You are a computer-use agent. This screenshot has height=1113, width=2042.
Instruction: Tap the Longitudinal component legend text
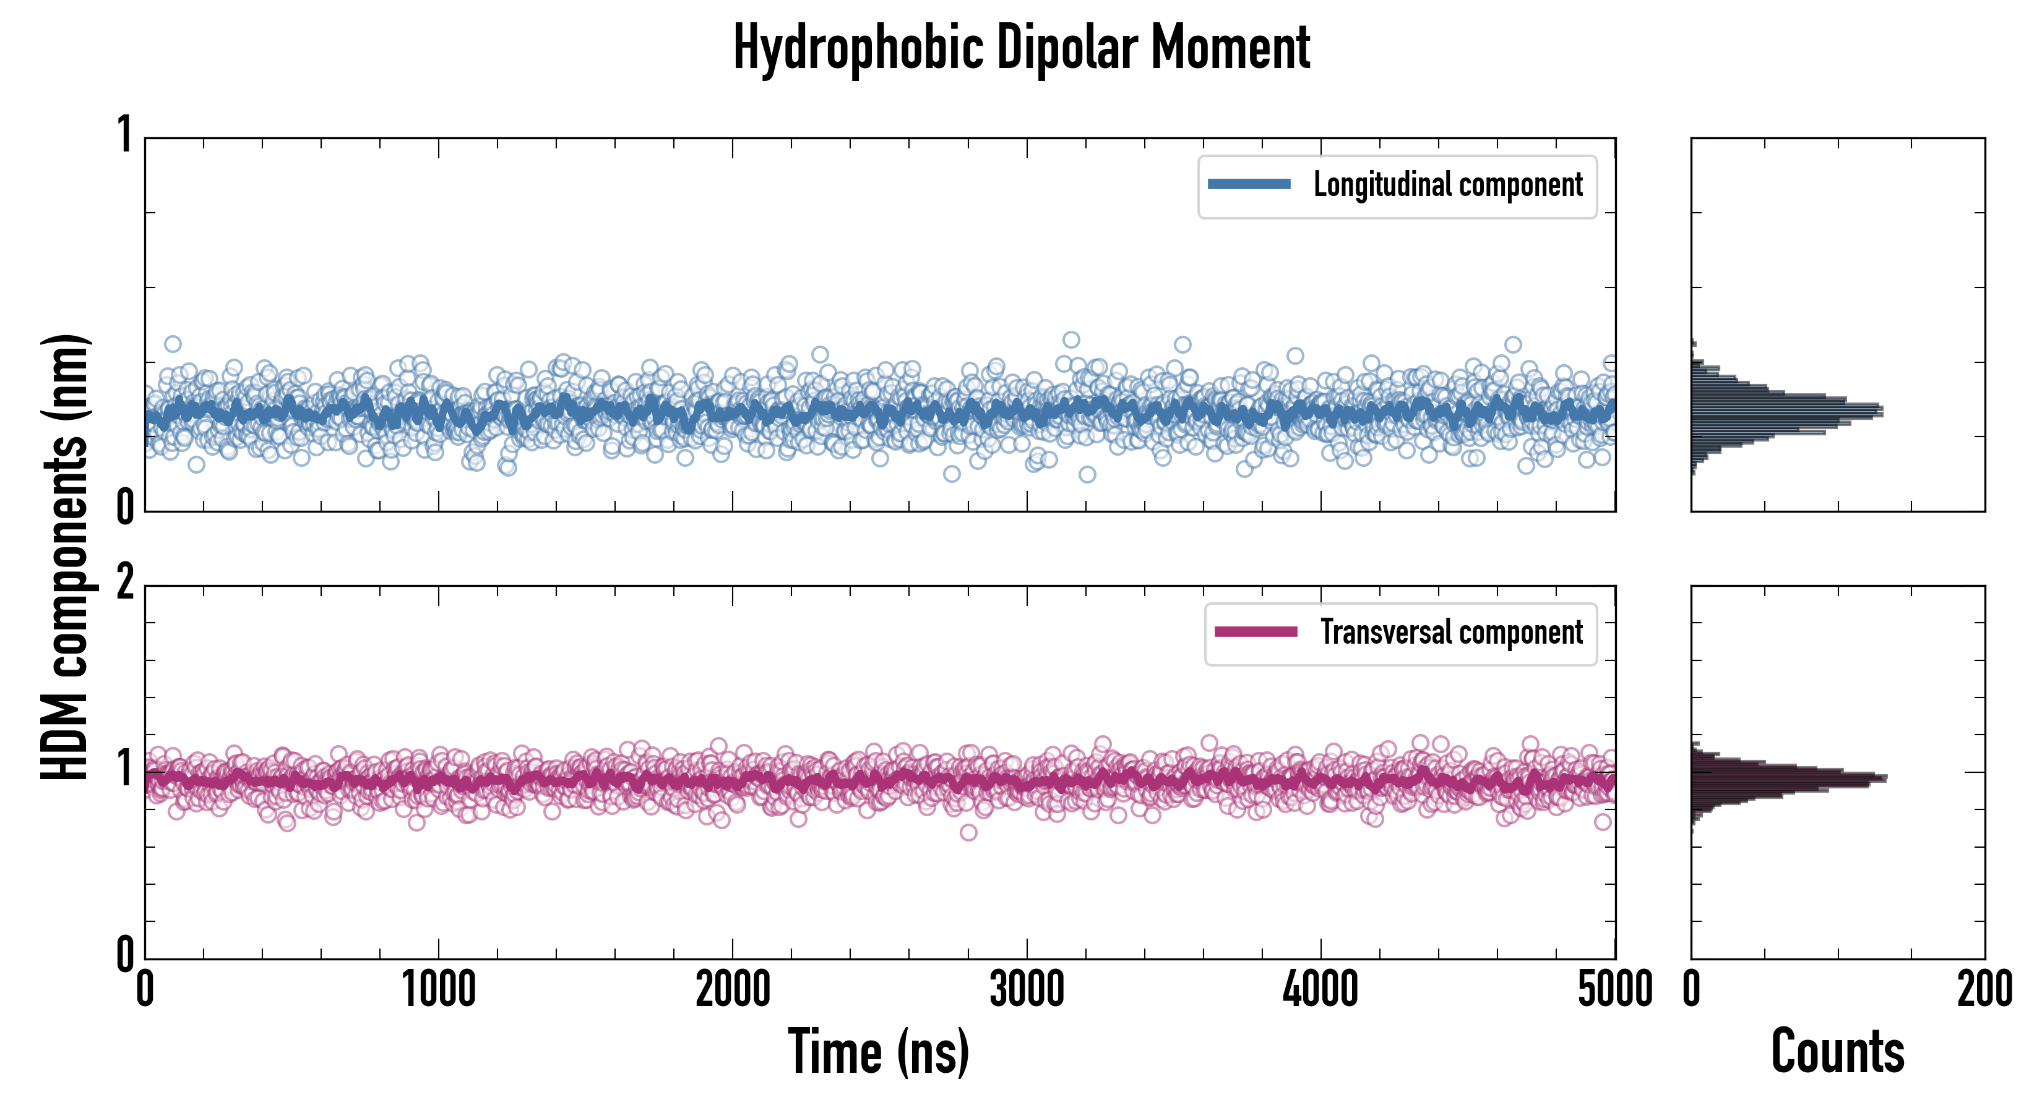click(1447, 185)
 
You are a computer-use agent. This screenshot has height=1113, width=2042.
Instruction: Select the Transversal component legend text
click(1450, 632)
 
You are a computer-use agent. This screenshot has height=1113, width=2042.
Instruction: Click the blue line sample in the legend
click(1249, 185)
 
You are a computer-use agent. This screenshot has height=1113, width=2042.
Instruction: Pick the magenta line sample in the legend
click(1256, 632)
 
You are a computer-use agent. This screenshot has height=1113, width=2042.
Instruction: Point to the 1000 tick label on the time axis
click(438, 989)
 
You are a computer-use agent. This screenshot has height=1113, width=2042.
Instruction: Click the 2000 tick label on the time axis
click(733, 989)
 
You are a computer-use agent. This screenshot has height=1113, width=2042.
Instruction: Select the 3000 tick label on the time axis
click(1027, 989)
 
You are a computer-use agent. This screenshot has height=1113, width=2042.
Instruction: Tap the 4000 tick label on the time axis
click(1320, 989)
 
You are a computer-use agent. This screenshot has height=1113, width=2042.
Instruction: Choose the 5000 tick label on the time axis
click(1615, 989)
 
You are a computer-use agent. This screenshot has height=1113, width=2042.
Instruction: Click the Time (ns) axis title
click(878, 1052)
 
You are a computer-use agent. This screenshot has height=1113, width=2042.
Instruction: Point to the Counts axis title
click(1837, 1052)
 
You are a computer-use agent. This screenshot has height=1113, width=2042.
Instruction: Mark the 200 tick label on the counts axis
click(1984, 989)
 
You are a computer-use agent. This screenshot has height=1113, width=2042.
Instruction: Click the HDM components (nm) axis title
click(65, 555)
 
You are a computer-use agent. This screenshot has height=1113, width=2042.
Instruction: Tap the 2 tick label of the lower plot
click(124, 584)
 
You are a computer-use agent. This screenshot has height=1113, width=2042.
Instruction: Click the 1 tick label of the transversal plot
click(124, 769)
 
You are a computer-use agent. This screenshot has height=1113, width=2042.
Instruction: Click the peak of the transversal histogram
click(1885, 778)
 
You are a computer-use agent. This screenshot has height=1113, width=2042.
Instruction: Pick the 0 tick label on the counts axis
click(1692, 989)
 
